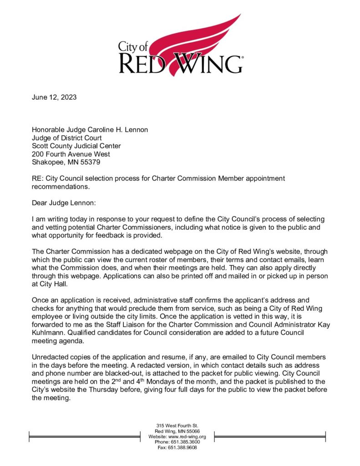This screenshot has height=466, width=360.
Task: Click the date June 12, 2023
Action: [x=54, y=97]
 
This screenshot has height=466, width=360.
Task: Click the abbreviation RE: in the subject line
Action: [x=37, y=178]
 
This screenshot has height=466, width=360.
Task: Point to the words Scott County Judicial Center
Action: [x=76, y=146]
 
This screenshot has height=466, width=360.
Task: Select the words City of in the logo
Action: [x=133, y=46]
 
